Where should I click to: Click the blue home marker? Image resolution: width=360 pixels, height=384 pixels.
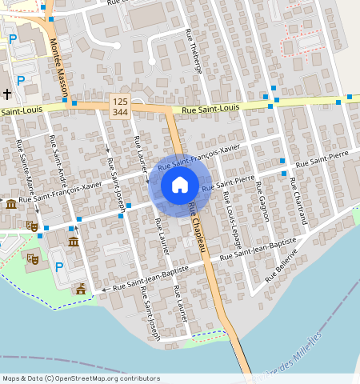click(180, 186)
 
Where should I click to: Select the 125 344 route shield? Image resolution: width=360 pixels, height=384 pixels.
click(120, 106)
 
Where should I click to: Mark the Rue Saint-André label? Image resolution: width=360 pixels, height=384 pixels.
click(58, 162)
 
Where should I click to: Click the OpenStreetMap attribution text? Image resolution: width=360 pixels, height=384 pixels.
click(81, 378)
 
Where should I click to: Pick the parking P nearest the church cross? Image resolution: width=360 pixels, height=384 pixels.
click(21, 80)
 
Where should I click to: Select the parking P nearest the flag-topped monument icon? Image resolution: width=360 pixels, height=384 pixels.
click(58, 266)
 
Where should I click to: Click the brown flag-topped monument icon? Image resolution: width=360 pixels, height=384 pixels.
click(79, 288)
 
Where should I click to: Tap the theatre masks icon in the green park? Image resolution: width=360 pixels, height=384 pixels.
click(33, 258)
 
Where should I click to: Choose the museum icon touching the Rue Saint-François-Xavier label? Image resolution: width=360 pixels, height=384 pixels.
click(10, 205)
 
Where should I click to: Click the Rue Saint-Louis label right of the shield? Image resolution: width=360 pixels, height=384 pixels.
click(211, 109)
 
